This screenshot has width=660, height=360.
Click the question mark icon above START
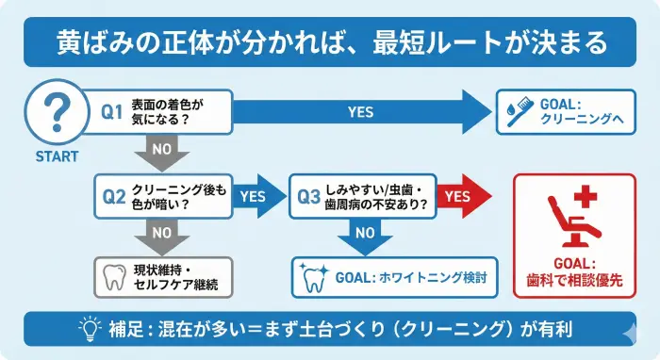point(58,111)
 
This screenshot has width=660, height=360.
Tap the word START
point(58,157)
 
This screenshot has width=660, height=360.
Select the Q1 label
point(113,112)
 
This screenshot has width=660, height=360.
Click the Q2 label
point(113,197)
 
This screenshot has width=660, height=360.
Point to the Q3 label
point(308,197)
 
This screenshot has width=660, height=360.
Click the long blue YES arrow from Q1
point(368,112)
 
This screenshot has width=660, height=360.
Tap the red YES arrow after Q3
point(462,196)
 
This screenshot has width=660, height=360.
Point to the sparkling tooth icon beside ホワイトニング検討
point(313,277)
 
